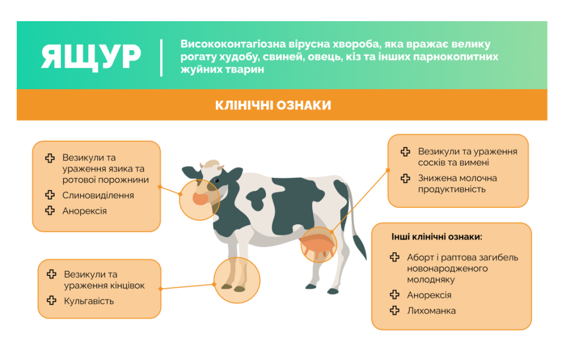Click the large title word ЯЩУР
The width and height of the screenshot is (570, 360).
point(91,56)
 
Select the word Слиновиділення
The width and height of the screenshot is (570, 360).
point(98,195)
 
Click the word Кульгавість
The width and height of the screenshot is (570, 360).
point(89,301)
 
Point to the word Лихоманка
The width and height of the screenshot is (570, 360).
point(431,310)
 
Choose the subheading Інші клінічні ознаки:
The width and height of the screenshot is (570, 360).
point(436,236)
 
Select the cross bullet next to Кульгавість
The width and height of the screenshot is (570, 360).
point(52,300)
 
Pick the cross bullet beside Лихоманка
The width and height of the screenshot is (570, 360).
point(395,310)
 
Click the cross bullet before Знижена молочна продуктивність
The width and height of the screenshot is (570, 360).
point(406,179)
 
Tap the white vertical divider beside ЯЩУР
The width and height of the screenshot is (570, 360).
point(161,57)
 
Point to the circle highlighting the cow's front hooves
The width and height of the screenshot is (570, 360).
point(237,280)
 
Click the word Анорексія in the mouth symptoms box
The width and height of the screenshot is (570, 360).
point(84,211)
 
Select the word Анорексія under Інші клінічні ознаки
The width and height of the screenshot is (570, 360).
point(429,295)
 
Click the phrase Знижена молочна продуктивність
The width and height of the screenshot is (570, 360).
point(457,184)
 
